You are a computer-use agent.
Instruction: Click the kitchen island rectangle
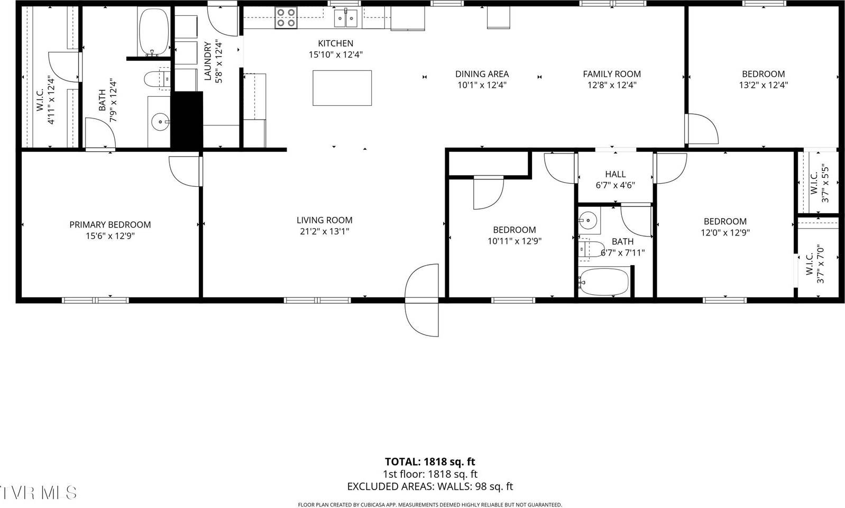click(342, 88)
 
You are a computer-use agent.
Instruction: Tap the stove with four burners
click(286, 19)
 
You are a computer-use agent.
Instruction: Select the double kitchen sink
click(346, 18)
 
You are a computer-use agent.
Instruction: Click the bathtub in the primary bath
click(153, 32)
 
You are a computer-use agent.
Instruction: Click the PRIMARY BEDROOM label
click(110, 225)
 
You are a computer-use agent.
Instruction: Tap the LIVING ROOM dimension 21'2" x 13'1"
click(324, 231)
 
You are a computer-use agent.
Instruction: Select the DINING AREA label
click(482, 74)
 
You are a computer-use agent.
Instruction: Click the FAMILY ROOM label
click(612, 74)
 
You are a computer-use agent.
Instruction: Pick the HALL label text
click(615, 174)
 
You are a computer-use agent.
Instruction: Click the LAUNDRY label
click(207, 61)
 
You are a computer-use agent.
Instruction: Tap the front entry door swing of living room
click(422, 300)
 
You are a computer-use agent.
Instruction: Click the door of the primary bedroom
click(185, 171)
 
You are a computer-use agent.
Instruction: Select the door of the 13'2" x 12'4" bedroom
click(702, 129)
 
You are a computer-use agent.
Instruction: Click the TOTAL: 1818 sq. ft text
click(429, 462)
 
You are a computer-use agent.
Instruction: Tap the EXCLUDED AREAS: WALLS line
click(429, 486)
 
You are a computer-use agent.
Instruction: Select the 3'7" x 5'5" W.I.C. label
click(819, 185)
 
